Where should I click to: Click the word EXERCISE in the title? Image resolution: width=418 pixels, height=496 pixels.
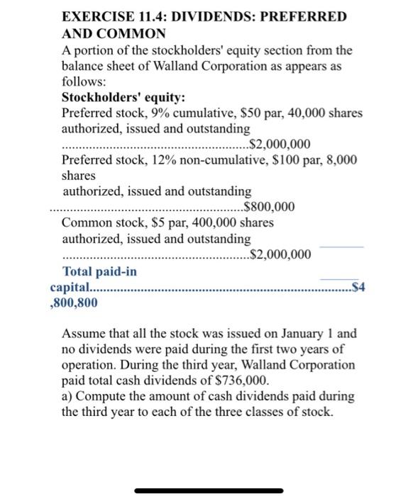tap(96, 16)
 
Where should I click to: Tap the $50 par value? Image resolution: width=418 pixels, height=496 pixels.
tap(246, 113)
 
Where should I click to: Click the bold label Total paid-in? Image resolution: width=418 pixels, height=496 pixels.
tap(100, 272)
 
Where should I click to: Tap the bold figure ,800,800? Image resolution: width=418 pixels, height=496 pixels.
tap(75, 303)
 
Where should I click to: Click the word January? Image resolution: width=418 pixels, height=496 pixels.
tap(293, 334)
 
